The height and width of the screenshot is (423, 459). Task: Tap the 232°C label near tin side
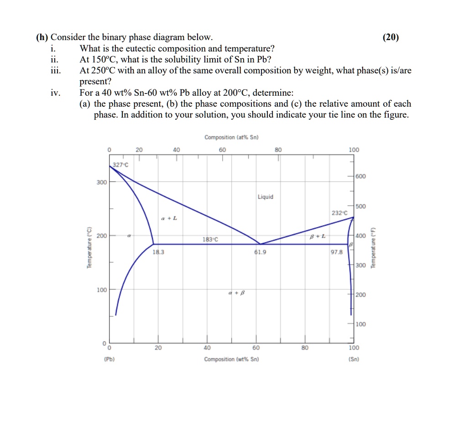[339, 213]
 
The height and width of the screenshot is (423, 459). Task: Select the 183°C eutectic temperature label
[210, 239]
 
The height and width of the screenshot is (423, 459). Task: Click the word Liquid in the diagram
[266, 197]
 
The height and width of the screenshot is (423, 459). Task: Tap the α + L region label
[169, 219]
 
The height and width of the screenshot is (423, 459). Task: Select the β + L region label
[318, 236]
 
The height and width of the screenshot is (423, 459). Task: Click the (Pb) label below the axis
[109, 359]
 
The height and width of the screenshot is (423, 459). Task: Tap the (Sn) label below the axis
[354, 359]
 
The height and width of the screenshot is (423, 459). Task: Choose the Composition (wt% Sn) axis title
[231, 359]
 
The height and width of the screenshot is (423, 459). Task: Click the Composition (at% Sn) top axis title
[231, 137]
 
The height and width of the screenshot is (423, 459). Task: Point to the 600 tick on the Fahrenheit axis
[360, 176]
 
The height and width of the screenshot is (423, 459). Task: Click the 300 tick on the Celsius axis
[101, 182]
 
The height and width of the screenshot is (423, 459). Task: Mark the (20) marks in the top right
[391, 37]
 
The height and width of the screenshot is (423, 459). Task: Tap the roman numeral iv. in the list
[55, 93]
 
